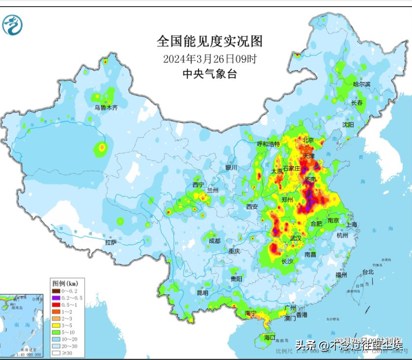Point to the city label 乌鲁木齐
point(106,107)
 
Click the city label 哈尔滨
point(361,84)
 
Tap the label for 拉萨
point(111,242)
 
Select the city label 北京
point(308,140)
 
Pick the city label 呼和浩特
point(268,144)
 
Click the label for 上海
point(352,224)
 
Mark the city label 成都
point(215,241)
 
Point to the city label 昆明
point(203,292)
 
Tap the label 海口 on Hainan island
point(269,337)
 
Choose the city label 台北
point(368,271)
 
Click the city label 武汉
point(296,238)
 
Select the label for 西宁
point(198,184)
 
